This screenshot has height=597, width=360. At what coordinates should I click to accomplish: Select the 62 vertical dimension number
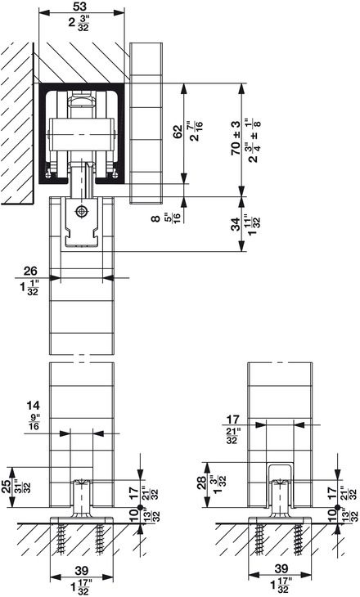[178, 132]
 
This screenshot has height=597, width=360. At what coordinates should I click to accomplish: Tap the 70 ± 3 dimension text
[236, 137]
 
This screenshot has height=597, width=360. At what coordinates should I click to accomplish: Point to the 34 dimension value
[236, 224]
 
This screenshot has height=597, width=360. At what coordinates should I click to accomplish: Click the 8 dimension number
[156, 218]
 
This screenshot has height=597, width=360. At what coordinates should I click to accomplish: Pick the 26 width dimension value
[30, 271]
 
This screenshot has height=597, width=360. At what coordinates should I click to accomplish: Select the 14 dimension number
[33, 405]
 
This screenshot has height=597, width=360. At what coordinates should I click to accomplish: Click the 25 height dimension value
[6, 487]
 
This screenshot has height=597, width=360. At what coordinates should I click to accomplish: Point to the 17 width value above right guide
[232, 420]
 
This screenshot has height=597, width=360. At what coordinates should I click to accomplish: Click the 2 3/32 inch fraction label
[78, 22]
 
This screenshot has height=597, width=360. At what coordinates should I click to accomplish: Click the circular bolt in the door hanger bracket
[81, 211]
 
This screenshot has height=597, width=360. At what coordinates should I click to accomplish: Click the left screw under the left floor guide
[61, 540]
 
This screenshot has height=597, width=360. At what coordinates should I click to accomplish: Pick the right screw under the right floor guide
[297, 540]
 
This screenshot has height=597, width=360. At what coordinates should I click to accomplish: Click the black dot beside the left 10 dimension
[140, 507]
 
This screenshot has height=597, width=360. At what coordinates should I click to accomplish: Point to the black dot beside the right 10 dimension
[337, 507]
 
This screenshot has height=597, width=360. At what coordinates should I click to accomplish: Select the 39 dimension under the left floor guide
[82, 570]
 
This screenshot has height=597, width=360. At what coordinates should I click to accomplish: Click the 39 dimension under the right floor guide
[281, 568]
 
